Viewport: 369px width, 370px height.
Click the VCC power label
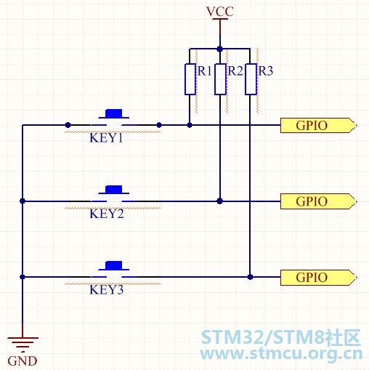coord(220,12)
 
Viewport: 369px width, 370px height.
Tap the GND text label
coord(23,361)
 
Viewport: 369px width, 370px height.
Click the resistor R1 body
coord(190,79)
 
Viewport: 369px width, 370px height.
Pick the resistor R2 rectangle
coord(220,79)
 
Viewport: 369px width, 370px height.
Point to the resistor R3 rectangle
coord(251,79)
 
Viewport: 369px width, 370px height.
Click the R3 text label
coord(266,71)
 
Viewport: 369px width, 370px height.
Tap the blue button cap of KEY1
coord(113,113)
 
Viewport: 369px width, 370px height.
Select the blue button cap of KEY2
coord(113,190)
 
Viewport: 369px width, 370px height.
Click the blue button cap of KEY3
coord(113,265)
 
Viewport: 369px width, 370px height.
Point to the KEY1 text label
coord(106,138)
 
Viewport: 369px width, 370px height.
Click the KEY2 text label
coord(107,214)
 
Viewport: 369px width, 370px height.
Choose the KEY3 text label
coord(107,289)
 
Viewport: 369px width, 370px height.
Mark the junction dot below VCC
coord(220,49)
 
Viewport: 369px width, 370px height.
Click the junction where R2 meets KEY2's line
coord(220,201)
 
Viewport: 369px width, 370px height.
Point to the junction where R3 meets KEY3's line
coord(251,277)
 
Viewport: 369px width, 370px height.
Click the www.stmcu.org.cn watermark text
coord(281,354)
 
